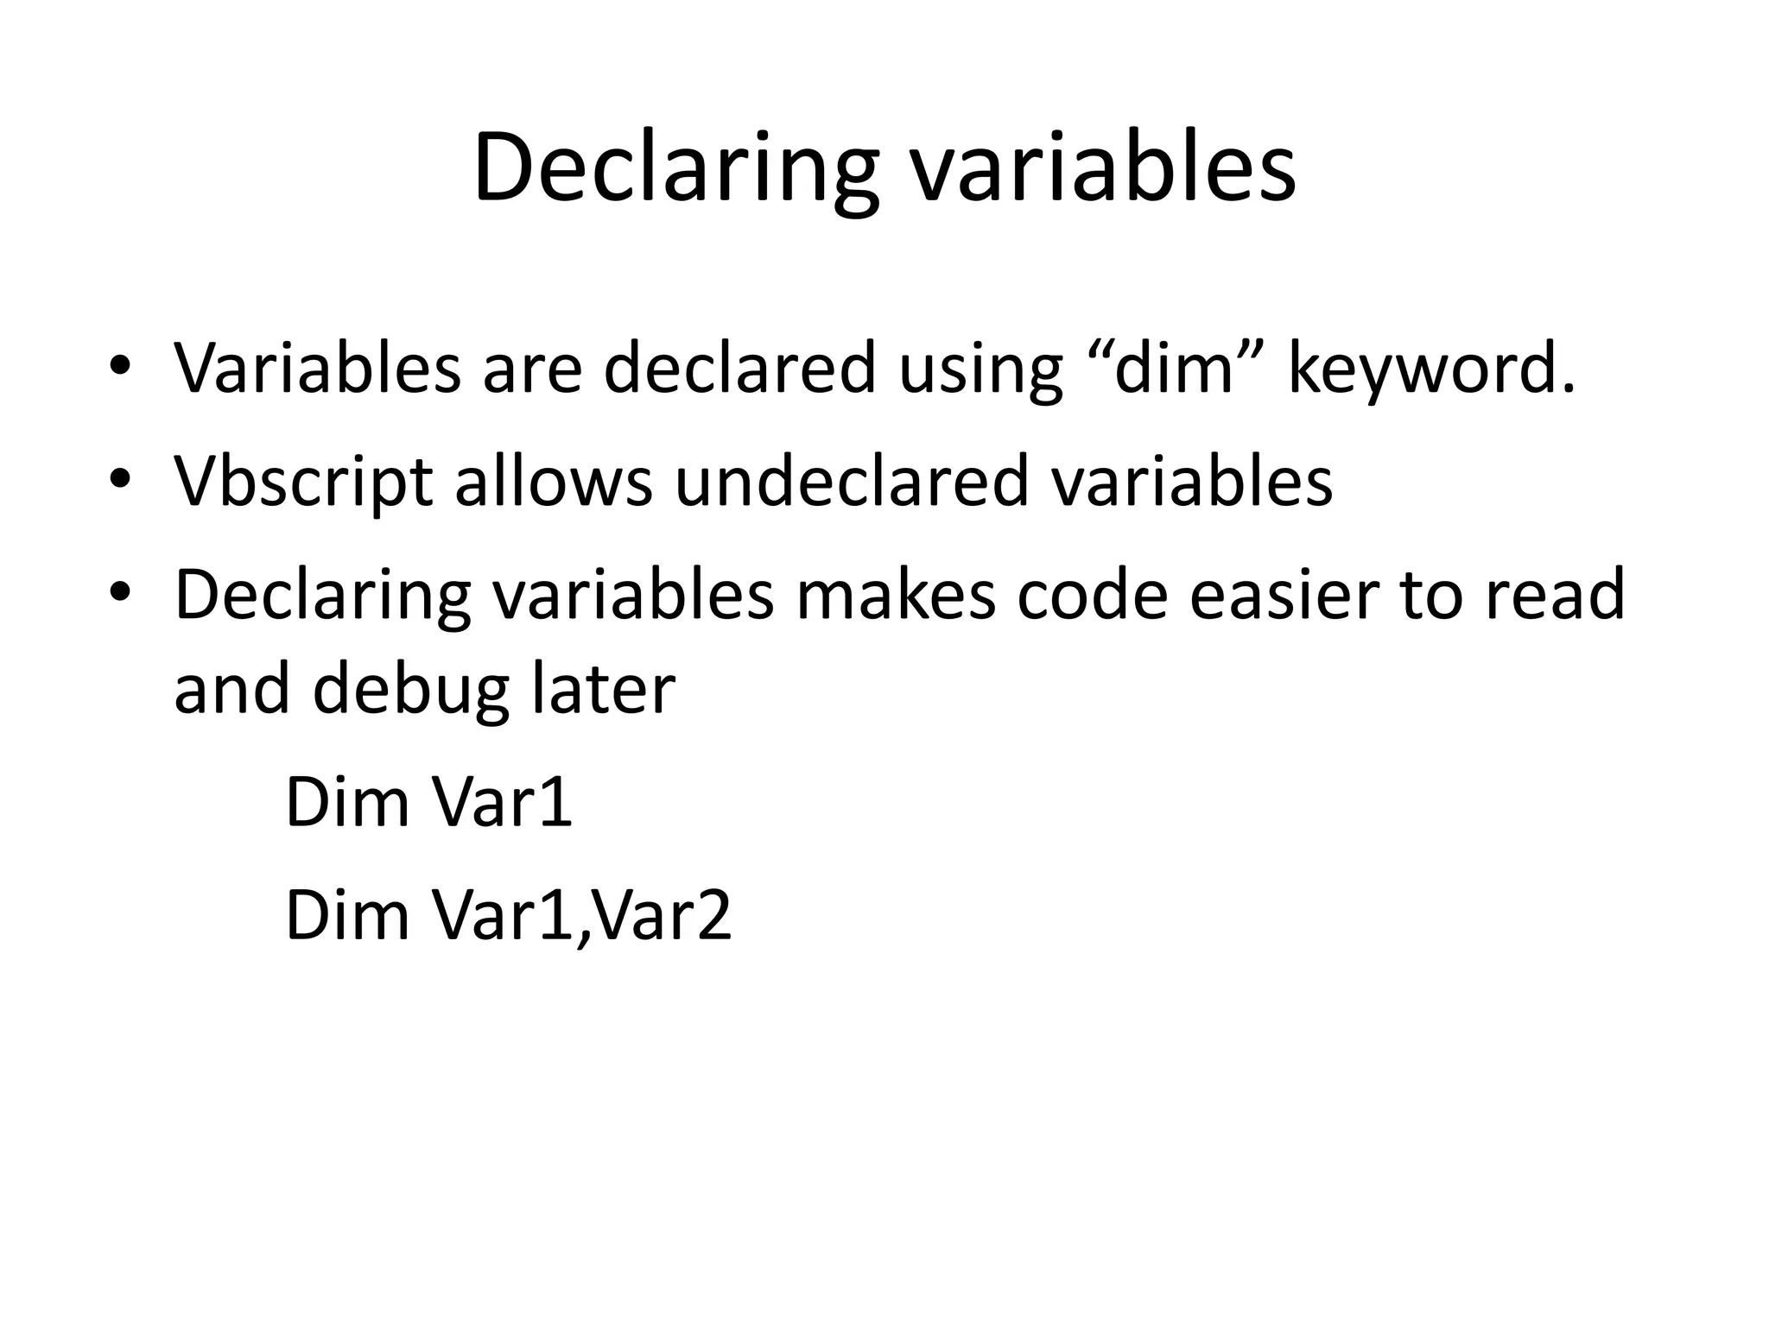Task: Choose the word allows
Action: click(x=554, y=481)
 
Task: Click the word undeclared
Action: click(x=852, y=481)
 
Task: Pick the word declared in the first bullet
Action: click(x=739, y=368)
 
